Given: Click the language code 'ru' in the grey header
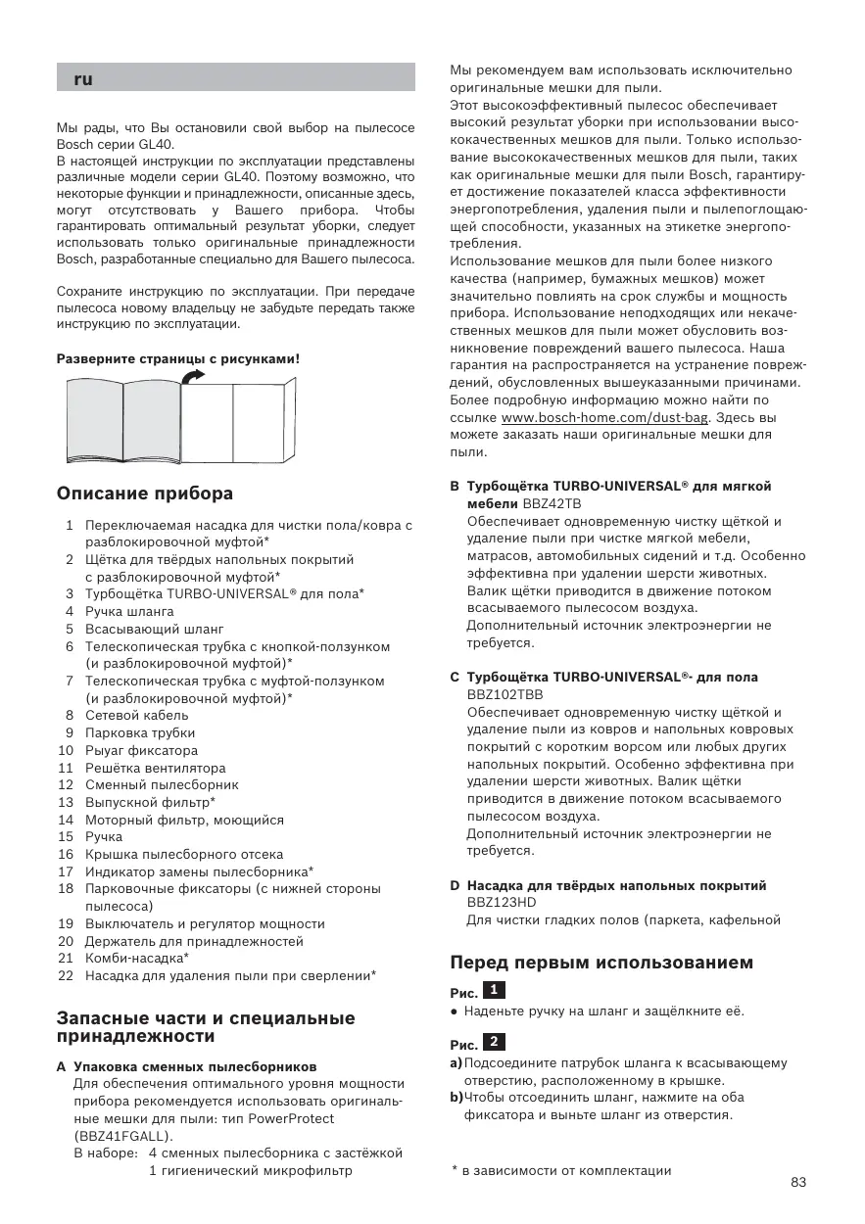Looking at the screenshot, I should point(83,79).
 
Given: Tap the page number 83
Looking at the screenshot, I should point(798,1182).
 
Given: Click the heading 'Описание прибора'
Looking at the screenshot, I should point(145,493).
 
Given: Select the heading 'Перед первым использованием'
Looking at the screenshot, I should point(601,963).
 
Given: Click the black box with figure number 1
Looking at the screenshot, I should point(496,989).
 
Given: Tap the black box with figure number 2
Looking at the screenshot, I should point(496,1040).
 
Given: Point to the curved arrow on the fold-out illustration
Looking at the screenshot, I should point(196,376).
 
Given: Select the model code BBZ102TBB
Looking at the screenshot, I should point(505,694).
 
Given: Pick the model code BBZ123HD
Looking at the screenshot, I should point(502,903).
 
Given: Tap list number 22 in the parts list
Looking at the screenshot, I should point(67,975).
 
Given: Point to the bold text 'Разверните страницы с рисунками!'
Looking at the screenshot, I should point(177,358).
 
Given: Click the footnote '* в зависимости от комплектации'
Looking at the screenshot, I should point(561,1170).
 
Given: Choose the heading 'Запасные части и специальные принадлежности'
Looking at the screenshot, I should point(206,1026).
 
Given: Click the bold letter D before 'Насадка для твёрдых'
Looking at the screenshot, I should point(455,885).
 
